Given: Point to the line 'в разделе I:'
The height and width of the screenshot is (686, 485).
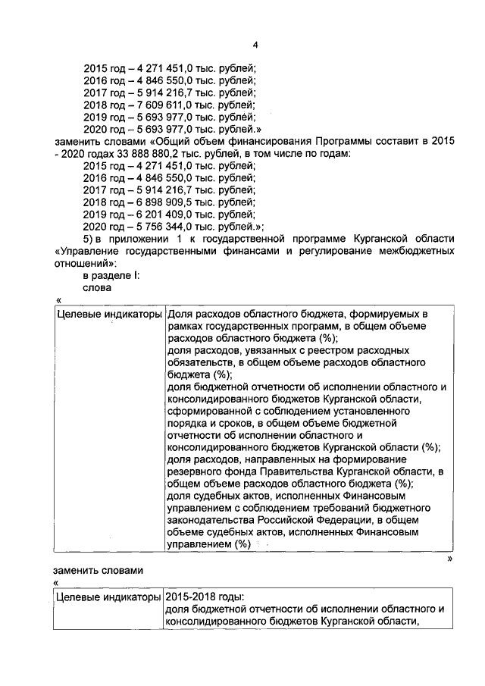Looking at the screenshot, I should pyautogui.click(x=111, y=276).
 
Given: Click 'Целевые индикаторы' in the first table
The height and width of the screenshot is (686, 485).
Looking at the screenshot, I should pyautogui.click(x=108, y=314).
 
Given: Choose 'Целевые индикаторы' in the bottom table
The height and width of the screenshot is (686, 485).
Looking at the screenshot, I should pyautogui.click(x=108, y=597).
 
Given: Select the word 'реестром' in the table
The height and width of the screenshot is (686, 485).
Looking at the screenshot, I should pyautogui.click(x=325, y=351).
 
